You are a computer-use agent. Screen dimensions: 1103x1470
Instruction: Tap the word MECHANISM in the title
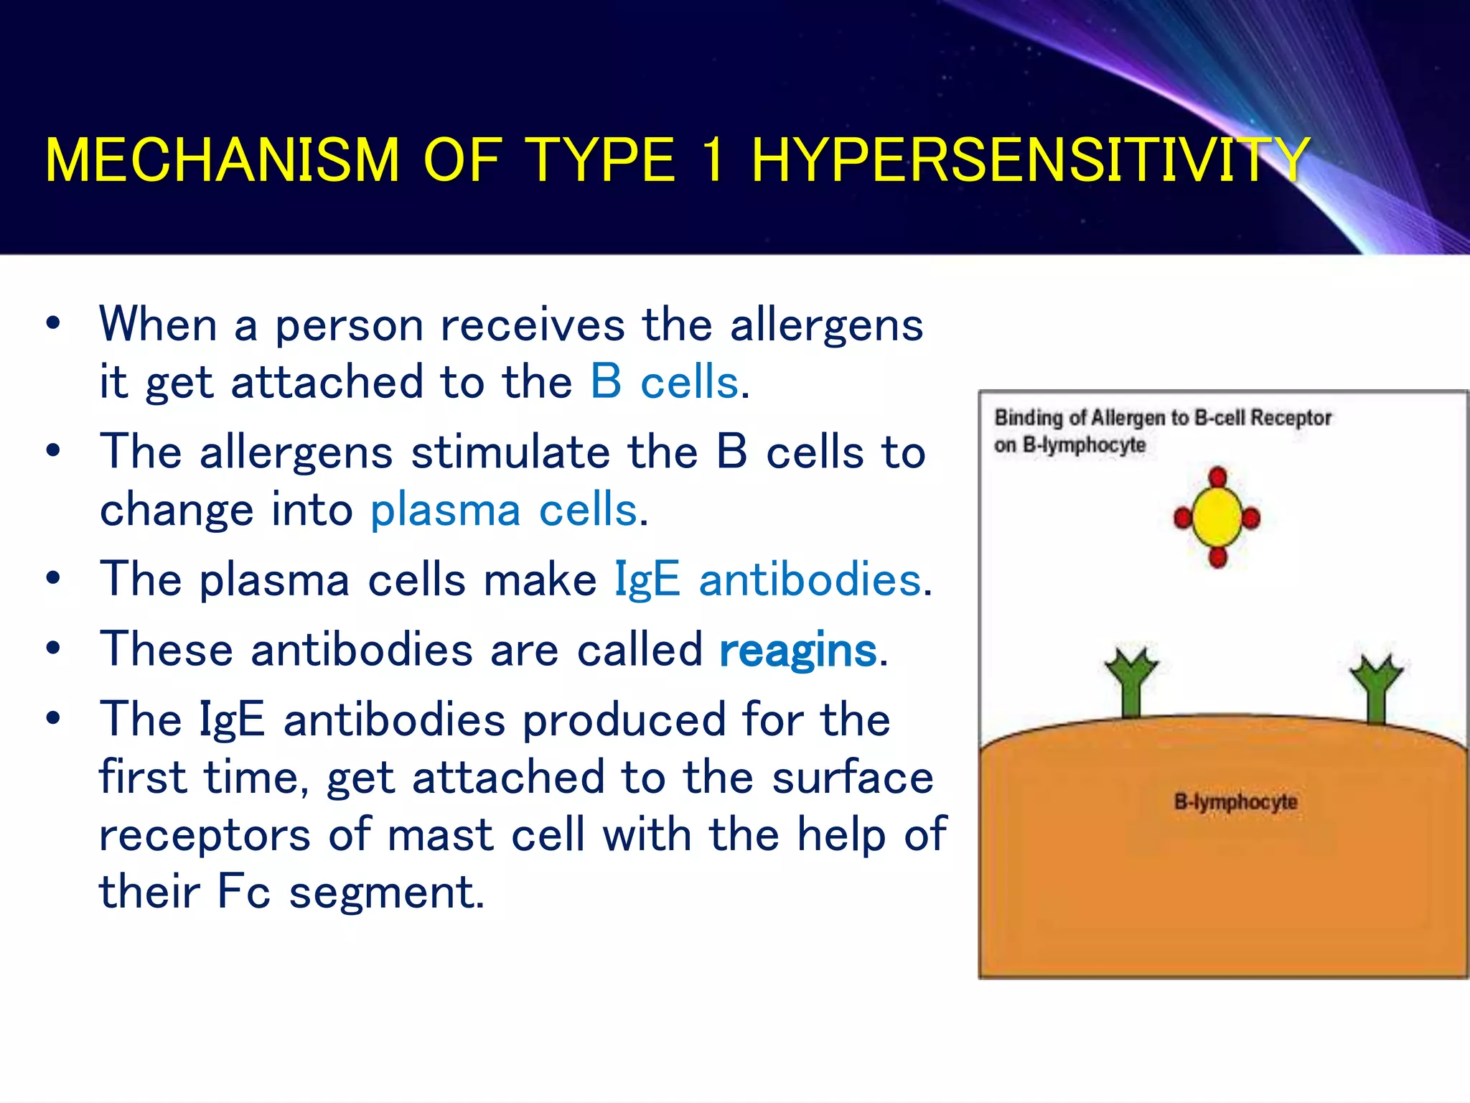click(x=222, y=160)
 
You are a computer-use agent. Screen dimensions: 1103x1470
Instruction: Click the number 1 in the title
click(x=713, y=160)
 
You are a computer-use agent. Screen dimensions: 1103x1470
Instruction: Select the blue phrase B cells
click(x=664, y=382)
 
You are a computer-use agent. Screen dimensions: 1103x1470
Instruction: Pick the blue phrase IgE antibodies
click(x=767, y=580)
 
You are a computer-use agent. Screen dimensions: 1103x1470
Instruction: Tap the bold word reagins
click(x=797, y=651)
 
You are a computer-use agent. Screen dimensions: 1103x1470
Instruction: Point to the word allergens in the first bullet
click(x=826, y=325)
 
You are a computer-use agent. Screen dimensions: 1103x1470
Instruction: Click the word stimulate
click(x=510, y=452)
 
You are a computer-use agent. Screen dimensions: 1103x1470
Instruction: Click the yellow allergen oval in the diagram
click(x=1217, y=517)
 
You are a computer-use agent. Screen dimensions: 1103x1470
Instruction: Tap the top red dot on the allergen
click(x=1217, y=478)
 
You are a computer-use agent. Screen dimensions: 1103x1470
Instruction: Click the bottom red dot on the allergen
click(x=1217, y=557)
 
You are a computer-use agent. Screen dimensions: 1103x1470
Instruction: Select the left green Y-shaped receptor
click(x=1131, y=682)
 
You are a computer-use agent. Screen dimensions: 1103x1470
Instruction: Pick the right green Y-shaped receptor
click(x=1375, y=687)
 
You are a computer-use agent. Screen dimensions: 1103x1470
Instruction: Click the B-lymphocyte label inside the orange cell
click(x=1235, y=801)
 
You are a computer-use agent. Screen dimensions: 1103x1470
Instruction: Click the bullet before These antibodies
click(x=52, y=648)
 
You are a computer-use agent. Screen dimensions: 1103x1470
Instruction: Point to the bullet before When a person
click(x=52, y=323)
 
